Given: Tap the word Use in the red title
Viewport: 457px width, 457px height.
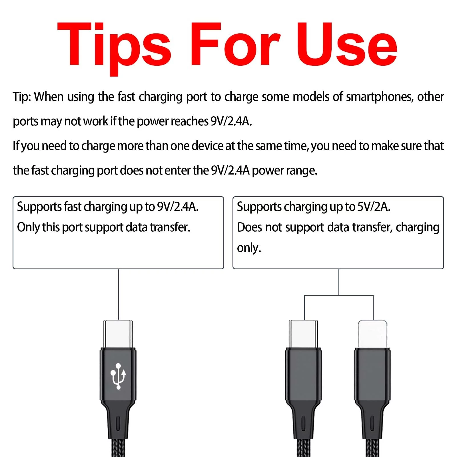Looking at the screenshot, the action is tap(347, 44).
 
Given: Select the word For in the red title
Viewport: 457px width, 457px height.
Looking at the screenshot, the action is tap(235, 44).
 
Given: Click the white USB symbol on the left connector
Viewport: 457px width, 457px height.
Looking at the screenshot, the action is tap(118, 376).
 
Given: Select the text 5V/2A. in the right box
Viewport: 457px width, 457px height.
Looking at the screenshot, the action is tap(374, 207).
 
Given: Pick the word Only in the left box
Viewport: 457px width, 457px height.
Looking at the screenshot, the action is tap(28, 228).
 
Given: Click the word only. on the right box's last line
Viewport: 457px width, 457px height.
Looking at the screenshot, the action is tap(249, 248).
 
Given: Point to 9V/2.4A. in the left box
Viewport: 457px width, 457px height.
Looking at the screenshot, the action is tap(178, 207).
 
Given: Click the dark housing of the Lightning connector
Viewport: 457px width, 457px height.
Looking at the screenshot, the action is tap(372, 374).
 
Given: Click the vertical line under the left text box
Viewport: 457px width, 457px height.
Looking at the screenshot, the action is tap(119, 294).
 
